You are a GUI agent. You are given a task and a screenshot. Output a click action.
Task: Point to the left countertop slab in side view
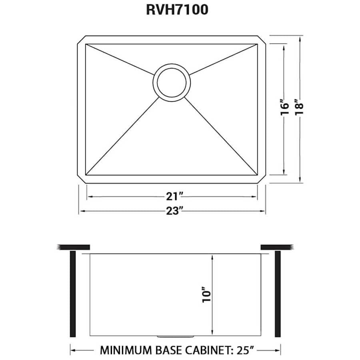pos(74,246)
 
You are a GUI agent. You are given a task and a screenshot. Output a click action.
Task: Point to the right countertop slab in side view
pos(277,246)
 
